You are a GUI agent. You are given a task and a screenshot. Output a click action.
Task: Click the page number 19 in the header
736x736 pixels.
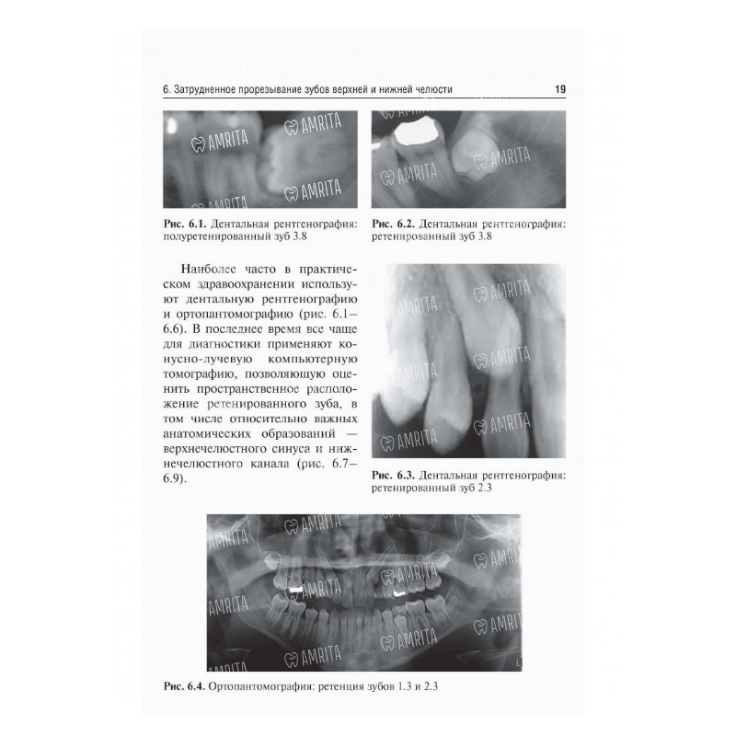(x=560, y=89)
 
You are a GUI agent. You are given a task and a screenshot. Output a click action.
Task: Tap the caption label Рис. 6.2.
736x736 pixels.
(x=393, y=224)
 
